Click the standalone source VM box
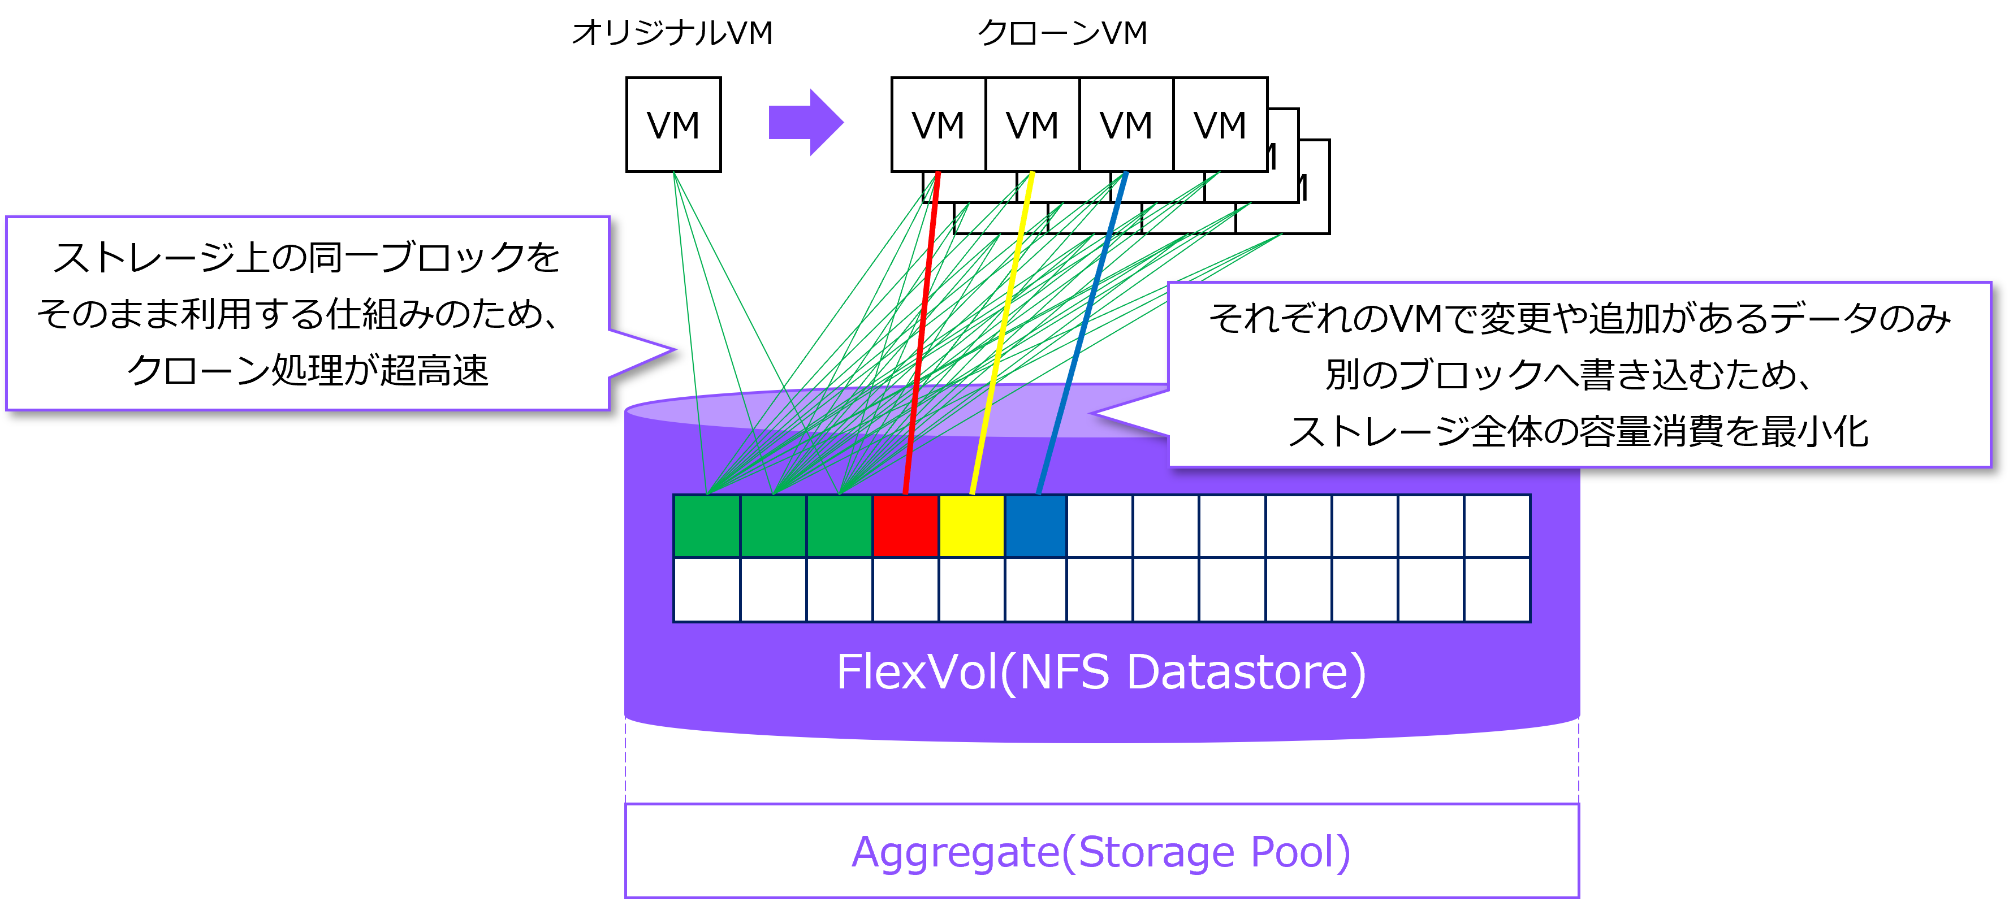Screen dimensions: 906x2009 [x=673, y=125]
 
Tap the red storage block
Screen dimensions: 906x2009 [x=905, y=526]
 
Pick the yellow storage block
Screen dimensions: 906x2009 [x=972, y=526]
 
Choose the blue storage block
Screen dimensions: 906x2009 [x=1036, y=526]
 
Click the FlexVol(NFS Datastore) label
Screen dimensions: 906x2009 [x=1100, y=672]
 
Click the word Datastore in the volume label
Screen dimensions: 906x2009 [x=1246, y=672]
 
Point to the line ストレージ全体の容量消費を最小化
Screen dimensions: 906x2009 [x=1579, y=431]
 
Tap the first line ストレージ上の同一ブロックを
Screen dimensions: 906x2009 [x=306, y=257]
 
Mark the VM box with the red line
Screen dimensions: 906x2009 [x=938, y=125]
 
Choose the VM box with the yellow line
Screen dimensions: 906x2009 [x=1032, y=125]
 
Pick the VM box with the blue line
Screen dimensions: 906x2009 [x=1125, y=125]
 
